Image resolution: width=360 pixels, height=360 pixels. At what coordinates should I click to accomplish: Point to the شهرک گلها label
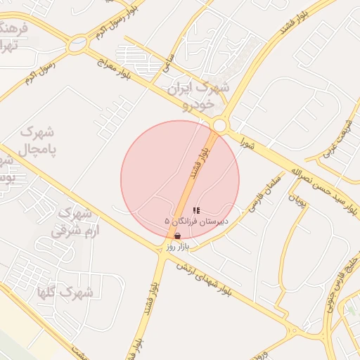[x=82, y=292]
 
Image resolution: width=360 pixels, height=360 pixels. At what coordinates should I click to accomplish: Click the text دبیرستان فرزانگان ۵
[x=196, y=221]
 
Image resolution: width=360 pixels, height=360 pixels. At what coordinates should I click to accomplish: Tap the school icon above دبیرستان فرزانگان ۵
[x=196, y=210]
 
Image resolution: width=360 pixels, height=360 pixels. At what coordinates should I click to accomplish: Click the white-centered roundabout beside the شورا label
[x=219, y=126]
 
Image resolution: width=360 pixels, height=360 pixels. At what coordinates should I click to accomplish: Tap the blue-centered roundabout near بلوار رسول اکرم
[x=77, y=46]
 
